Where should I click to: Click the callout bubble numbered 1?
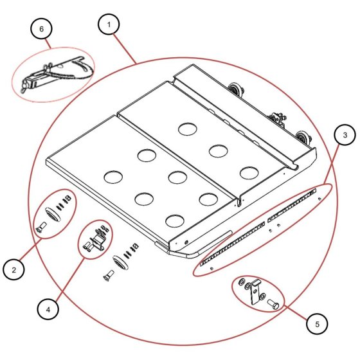[x=109, y=24]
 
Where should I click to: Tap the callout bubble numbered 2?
[x=14, y=269]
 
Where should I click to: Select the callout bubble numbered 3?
[x=345, y=135]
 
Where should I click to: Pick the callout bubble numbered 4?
[x=48, y=309]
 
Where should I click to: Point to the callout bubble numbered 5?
[x=317, y=324]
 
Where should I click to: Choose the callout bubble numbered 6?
[x=41, y=29]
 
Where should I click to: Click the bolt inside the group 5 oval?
[x=273, y=305]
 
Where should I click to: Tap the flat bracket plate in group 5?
[x=255, y=292]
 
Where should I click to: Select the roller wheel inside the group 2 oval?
[x=53, y=214]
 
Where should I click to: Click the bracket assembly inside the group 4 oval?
[x=95, y=239]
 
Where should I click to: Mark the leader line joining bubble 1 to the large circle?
[x=125, y=49]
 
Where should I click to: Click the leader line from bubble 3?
[x=332, y=164]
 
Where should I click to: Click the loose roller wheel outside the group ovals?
[x=120, y=262]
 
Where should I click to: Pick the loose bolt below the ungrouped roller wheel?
[x=109, y=275]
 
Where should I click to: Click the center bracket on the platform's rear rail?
[x=278, y=120]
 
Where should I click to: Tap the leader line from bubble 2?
[x=32, y=250]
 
